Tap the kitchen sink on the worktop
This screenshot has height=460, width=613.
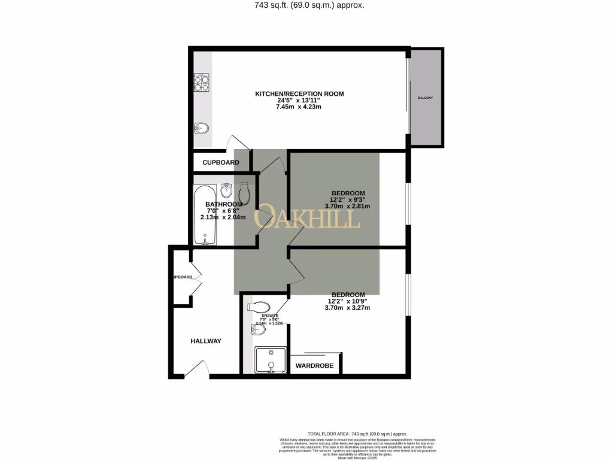tap(202, 128)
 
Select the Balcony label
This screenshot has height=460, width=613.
tap(425, 98)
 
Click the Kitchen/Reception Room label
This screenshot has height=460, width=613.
tap(299, 94)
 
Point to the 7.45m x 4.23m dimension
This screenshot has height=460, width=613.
tap(299, 107)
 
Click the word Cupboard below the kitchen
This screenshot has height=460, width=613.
tap(221, 162)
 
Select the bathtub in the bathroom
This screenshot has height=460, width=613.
tap(202, 216)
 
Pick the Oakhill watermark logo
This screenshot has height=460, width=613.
tap(308, 218)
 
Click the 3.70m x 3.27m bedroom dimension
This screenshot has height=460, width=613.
tap(347, 308)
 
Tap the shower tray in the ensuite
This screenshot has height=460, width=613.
tap(269, 361)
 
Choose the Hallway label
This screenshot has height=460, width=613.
tap(206, 341)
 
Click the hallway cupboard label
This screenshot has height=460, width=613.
tap(183, 277)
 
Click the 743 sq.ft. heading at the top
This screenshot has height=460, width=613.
tap(306, 5)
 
